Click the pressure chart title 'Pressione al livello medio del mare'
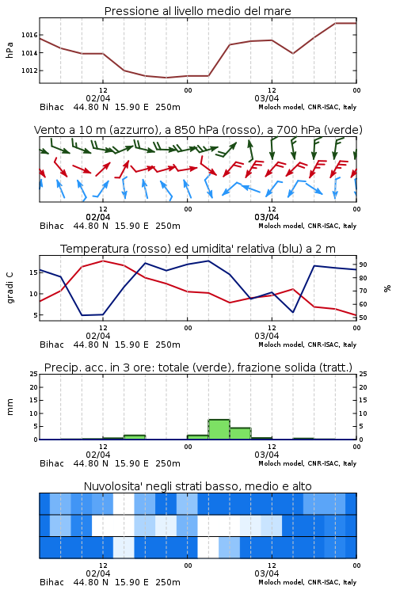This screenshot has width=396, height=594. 197,11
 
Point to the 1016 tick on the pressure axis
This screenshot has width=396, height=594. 29,35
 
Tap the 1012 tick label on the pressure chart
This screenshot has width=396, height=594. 29,70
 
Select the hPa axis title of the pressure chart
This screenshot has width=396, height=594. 10,50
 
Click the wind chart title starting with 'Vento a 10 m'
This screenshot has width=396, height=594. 198,130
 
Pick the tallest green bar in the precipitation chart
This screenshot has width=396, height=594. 219,429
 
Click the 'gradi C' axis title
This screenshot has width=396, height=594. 10,288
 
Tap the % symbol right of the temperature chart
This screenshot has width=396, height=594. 387,288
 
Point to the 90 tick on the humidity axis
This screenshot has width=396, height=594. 363,265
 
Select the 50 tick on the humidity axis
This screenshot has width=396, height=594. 363,318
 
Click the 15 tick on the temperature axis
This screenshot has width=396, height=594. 33,272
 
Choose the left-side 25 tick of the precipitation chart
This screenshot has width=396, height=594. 33,374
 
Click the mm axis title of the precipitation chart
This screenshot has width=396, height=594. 10,407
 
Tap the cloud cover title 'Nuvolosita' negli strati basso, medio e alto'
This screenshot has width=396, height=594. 197,486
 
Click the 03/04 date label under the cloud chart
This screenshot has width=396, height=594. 267,573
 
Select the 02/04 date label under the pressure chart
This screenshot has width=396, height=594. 98,98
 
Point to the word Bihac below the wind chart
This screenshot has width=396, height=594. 51,226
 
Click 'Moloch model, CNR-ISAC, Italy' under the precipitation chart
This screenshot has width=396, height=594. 307,463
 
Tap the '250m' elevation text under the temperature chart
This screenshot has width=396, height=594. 168,345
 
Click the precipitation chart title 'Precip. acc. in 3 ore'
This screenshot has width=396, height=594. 198,367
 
